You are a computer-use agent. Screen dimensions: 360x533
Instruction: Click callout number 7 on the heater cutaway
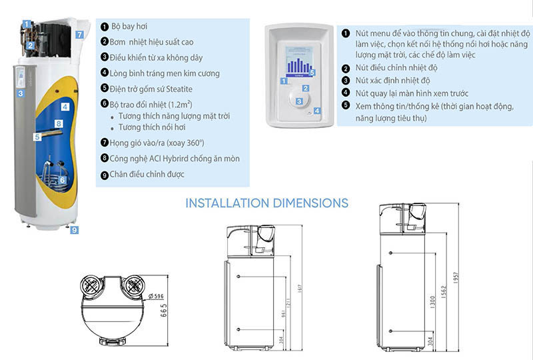(79, 34)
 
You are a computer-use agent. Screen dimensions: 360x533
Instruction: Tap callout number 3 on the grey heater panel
(21, 93)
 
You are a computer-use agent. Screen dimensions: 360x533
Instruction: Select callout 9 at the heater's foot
(74, 230)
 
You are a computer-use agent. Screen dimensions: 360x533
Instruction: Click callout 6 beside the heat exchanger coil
(62, 179)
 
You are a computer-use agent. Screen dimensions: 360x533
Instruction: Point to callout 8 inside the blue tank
(59, 123)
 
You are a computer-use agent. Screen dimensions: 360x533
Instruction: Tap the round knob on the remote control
(300, 101)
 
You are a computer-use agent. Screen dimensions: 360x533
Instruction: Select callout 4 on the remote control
(317, 111)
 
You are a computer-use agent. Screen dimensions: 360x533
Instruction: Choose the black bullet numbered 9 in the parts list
(105, 175)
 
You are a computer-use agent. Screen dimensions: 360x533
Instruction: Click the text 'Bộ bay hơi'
(131, 26)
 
